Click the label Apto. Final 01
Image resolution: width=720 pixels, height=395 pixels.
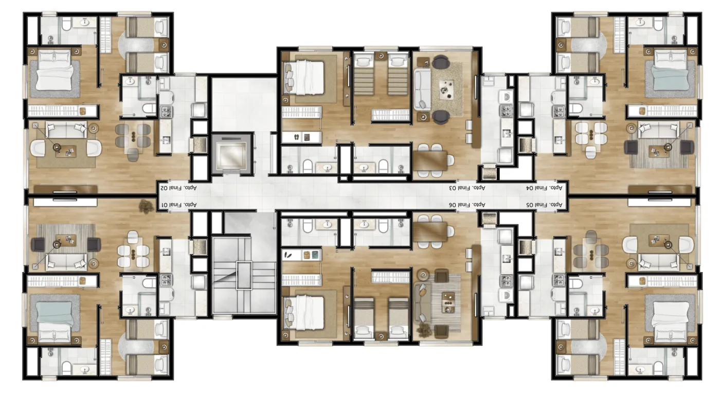178,205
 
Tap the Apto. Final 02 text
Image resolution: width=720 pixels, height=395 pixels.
178,188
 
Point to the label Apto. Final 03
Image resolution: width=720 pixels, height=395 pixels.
467,188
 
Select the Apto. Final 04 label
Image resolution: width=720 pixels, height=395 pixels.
544,188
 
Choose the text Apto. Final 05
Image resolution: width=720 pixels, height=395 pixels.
544,205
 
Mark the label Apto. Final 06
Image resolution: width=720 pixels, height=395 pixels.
467,204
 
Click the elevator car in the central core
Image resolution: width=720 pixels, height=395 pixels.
231,154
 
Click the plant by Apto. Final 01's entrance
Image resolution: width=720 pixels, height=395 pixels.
146,207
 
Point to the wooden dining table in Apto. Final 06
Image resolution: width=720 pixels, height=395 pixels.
430,232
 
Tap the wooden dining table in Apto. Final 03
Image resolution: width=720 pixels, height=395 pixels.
430,160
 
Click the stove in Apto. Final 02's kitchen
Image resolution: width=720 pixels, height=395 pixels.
166,112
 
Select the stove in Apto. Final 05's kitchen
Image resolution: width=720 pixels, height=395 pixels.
559,281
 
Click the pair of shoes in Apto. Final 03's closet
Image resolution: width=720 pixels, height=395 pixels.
297,137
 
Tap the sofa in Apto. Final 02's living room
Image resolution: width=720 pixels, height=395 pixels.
66,130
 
